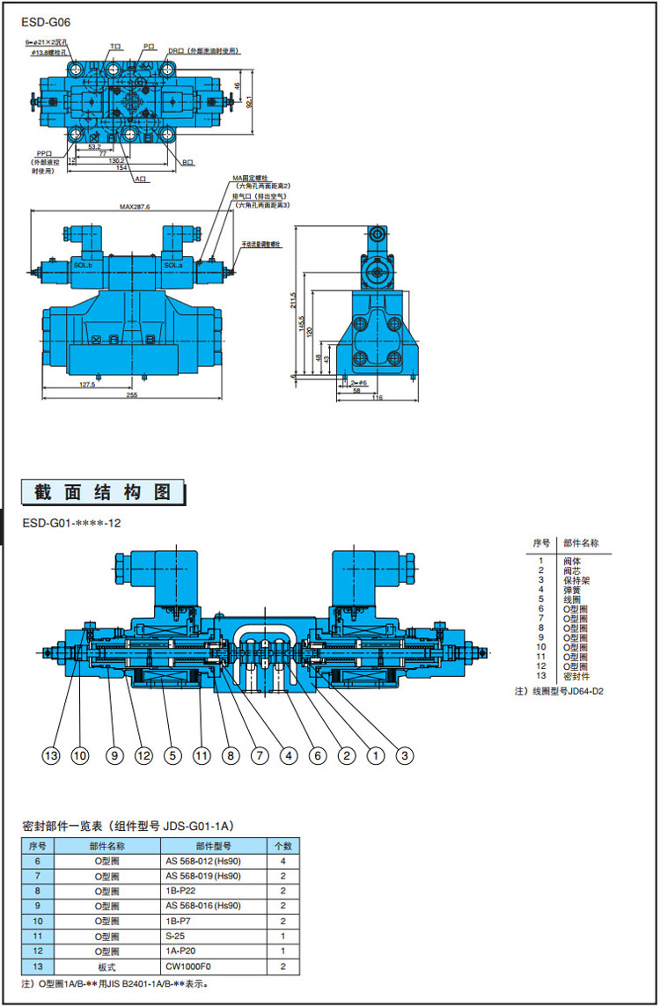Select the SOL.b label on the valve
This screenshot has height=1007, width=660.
point(84,265)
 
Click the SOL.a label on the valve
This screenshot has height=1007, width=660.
point(173,265)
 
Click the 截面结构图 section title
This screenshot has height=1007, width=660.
point(103,492)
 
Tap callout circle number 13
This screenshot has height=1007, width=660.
point(52,754)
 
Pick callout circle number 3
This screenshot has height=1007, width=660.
point(405,754)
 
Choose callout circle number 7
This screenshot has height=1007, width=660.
point(259,754)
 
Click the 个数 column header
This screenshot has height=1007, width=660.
point(283,845)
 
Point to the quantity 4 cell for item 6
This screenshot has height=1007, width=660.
point(283,861)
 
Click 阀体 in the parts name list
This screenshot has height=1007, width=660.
point(572,560)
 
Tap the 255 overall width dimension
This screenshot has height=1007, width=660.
point(131,395)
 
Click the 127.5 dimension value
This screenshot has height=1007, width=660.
point(86,384)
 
